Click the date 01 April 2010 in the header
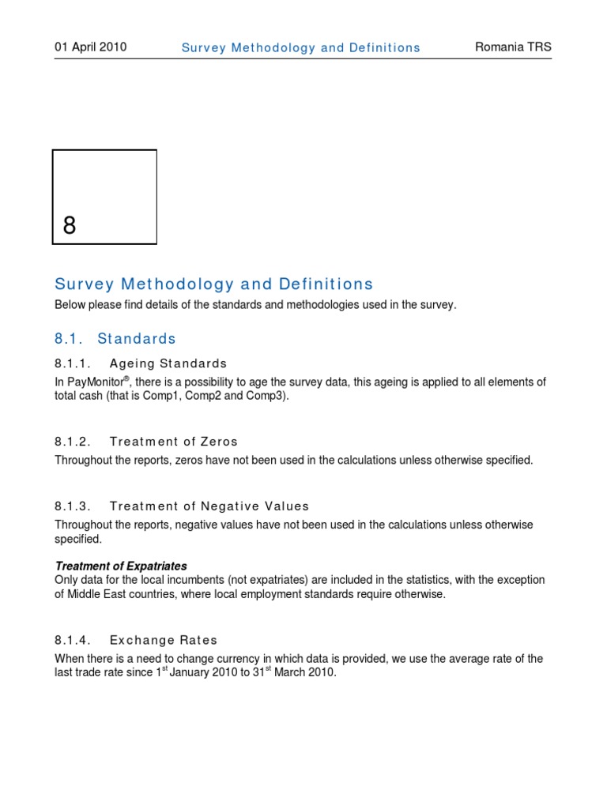pos(90,47)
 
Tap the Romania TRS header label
pos(513,47)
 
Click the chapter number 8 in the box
pos(70,226)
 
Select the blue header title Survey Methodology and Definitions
pos(300,47)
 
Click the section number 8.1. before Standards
pos(68,339)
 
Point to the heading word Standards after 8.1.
pos(137,339)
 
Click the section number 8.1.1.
pos(74,363)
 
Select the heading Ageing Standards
pos(168,363)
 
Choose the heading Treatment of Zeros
pos(174,442)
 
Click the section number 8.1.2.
pos(74,442)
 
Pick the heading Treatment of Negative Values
pos(209,506)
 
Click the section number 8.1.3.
pos(74,506)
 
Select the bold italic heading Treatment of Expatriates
pos(120,566)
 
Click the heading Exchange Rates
pos(164,640)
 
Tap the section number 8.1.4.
pos(74,640)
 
